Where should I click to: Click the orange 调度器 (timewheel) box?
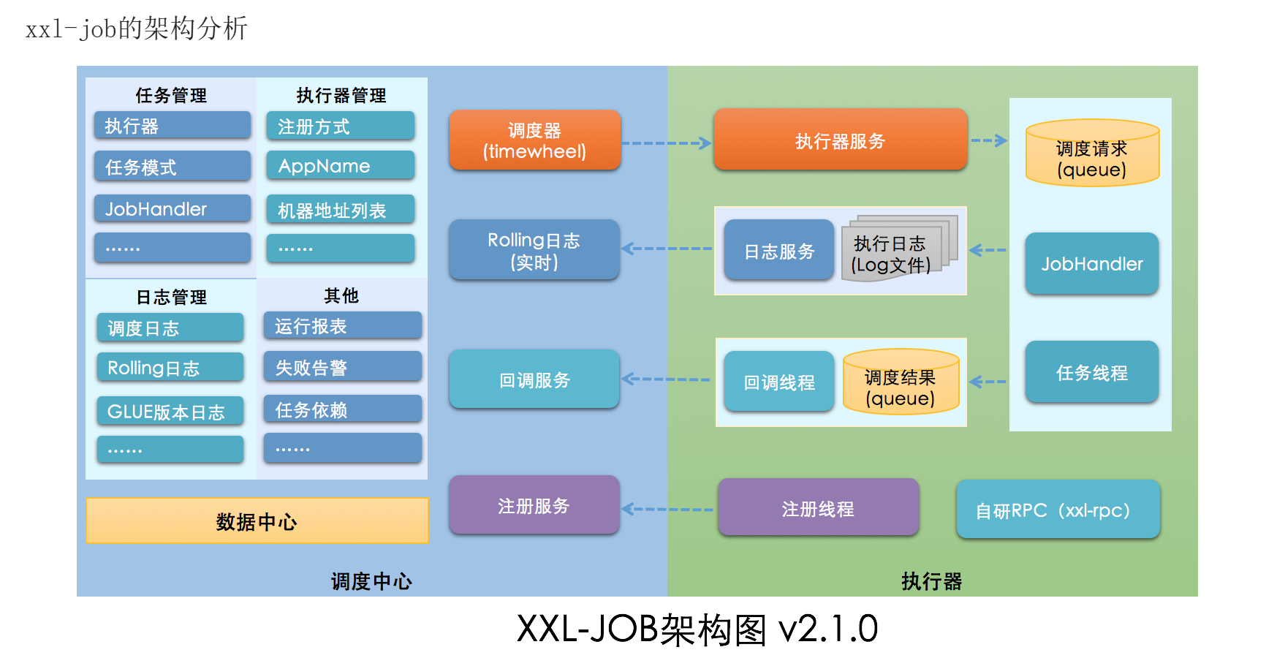click(x=534, y=140)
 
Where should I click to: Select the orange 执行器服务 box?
click(x=840, y=140)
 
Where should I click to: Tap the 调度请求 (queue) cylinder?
click(x=1092, y=154)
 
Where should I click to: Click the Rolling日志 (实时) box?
click(x=534, y=250)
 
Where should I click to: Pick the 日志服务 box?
click(x=778, y=251)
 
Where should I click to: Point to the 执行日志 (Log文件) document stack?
click(x=898, y=249)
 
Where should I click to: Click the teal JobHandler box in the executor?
click(x=1091, y=264)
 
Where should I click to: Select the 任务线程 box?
click(x=1091, y=372)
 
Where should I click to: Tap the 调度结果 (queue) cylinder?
click(x=901, y=382)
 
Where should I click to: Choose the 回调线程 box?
click(x=778, y=382)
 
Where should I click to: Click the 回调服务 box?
click(x=534, y=379)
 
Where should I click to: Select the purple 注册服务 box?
click(x=534, y=505)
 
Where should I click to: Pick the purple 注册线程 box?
click(x=817, y=508)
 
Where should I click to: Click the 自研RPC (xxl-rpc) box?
click(x=1057, y=510)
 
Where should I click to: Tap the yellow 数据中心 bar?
click(x=257, y=521)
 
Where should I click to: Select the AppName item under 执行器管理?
click(x=340, y=166)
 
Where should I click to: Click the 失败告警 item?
click(x=342, y=367)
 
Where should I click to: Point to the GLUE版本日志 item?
click(x=170, y=412)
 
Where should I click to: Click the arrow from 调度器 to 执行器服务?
click(x=666, y=143)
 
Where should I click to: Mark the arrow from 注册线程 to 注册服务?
click(x=667, y=509)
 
